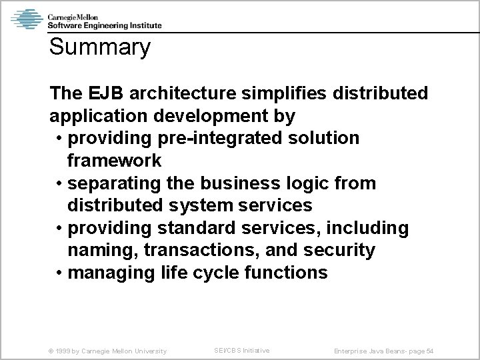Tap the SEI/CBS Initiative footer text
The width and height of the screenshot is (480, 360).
tap(242, 350)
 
